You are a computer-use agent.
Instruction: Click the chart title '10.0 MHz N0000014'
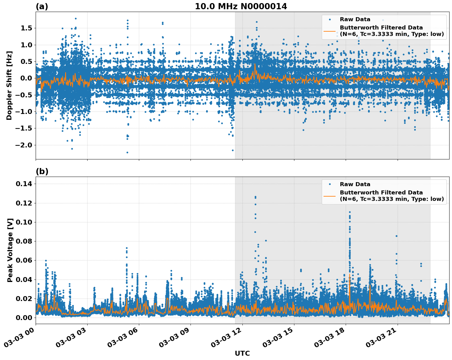(x=241, y=6)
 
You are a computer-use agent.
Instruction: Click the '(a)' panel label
(x=42, y=6)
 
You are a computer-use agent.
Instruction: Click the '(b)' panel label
(x=42, y=171)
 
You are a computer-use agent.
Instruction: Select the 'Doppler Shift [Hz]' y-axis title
(x=9, y=85)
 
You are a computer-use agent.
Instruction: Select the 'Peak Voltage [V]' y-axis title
(x=10, y=250)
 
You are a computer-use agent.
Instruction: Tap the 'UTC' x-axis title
(x=242, y=353)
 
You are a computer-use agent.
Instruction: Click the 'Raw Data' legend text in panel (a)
(x=355, y=19)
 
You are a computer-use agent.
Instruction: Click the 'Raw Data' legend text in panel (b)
(x=355, y=184)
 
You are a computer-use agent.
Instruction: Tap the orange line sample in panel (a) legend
(x=330, y=31)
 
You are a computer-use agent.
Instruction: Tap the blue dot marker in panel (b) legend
(x=330, y=184)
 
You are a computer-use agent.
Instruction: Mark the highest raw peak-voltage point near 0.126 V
(x=255, y=197)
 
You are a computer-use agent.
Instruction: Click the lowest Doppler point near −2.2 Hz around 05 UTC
(x=127, y=152)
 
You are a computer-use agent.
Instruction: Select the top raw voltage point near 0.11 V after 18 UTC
(x=350, y=212)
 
